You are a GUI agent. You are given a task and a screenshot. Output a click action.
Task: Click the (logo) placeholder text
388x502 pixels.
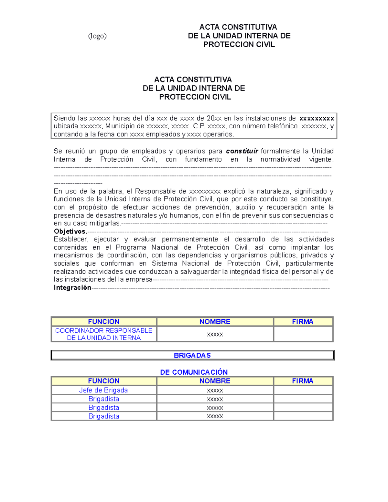point(97,36)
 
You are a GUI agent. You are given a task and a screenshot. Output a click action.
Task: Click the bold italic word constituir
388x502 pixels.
point(242,151)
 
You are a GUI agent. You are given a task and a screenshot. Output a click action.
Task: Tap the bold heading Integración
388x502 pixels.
point(72,288)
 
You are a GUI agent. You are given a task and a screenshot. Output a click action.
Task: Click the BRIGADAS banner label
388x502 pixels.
point(192,355)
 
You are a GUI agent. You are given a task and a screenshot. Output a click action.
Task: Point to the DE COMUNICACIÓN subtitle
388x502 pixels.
point(194,372)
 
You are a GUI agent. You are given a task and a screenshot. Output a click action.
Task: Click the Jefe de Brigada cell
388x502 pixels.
point(103,390)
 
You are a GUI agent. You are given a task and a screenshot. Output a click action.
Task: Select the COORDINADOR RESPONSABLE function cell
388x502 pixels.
point(103,334)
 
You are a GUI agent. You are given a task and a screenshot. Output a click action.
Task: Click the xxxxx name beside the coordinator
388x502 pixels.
point(215,334)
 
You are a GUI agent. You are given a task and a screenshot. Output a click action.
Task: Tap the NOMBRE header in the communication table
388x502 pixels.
point(215,381)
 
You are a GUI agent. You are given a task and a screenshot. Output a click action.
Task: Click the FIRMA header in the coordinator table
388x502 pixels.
point(303,322)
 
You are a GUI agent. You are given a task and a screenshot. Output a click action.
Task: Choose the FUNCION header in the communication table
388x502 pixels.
point(103,381)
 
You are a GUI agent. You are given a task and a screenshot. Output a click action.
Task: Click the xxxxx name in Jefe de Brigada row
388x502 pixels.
point(215,390)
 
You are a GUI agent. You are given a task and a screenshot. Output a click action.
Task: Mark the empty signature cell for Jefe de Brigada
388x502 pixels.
point(303,390)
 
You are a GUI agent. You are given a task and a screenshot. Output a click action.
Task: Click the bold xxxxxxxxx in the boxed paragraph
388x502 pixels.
point(317,118)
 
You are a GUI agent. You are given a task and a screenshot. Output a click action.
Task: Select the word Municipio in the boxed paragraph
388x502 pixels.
point(121,126)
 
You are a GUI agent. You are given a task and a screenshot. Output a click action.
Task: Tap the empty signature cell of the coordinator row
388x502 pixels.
point(303,334)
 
